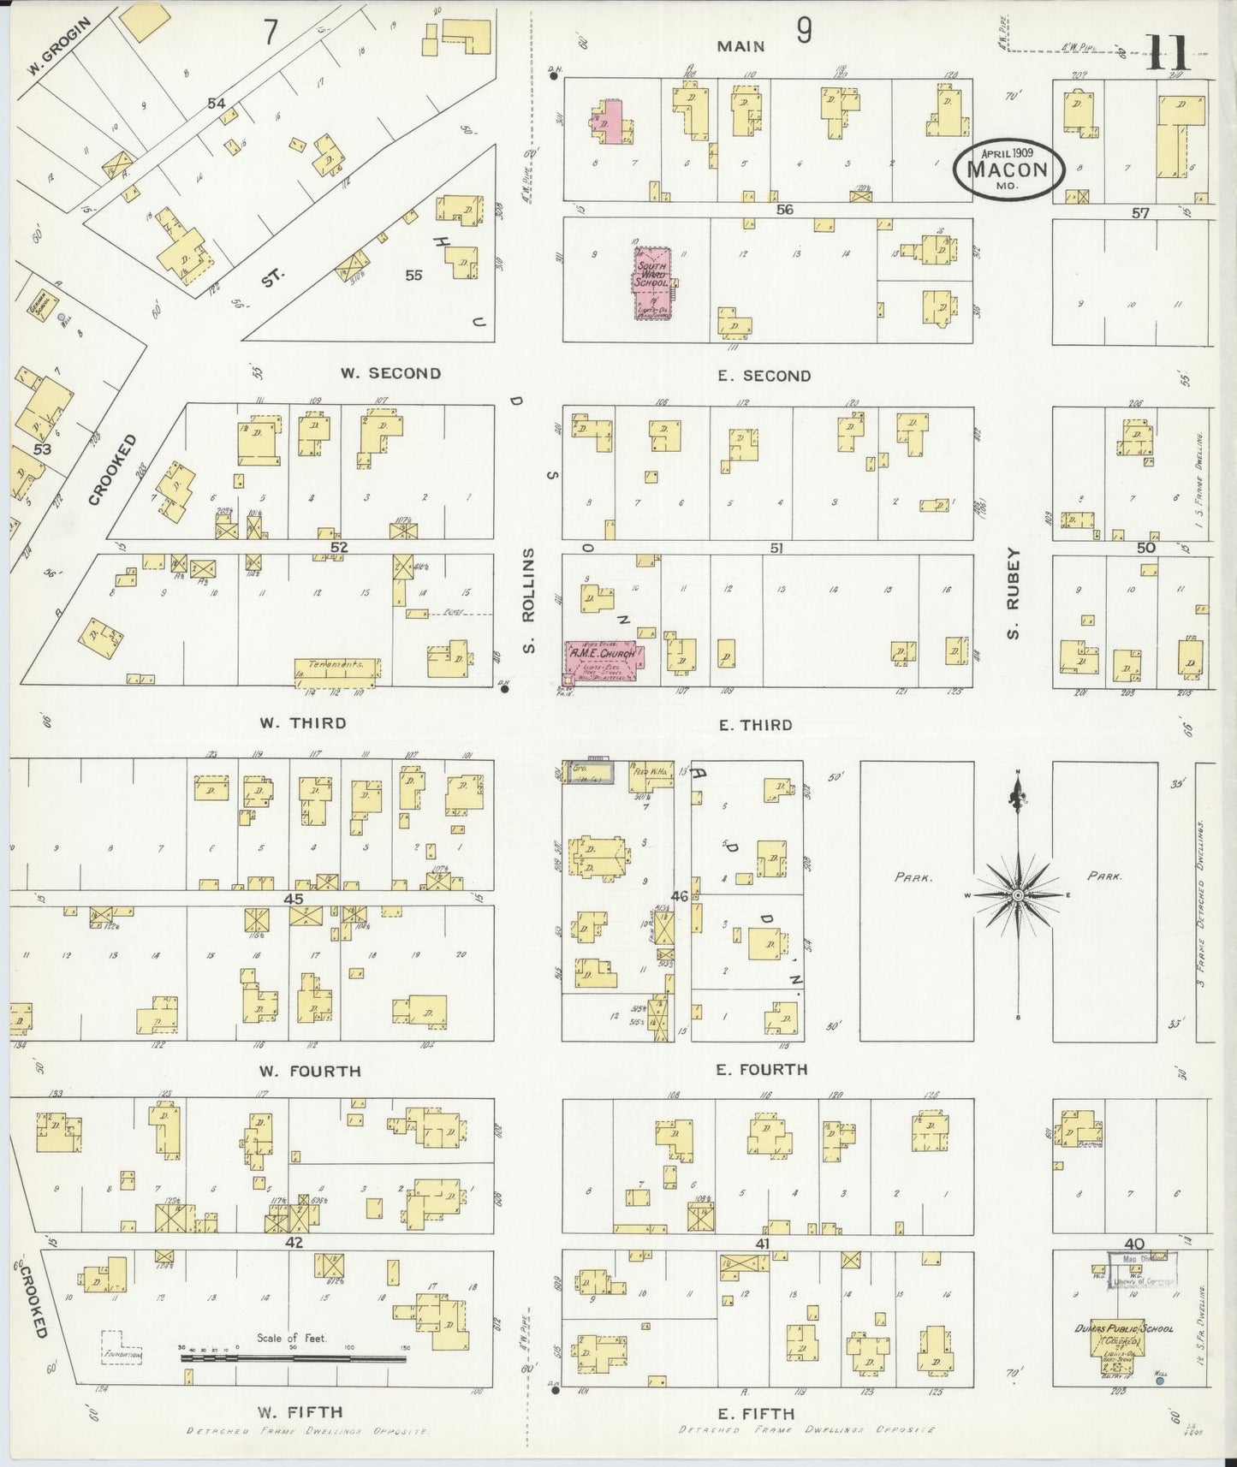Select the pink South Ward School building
click(x=651, y=284)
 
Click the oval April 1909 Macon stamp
click(x=1010, y=168)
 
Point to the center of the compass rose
click(x=1017, y=895)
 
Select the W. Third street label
click(x=303, y=723)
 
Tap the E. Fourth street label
click(x=751, y=1069)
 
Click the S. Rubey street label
click(x=1013, y=595)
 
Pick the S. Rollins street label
click(x=529, y=602)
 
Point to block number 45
click(x=294, y=899)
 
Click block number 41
click(x=762, y=1244)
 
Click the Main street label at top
click(x=740, y=47)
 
